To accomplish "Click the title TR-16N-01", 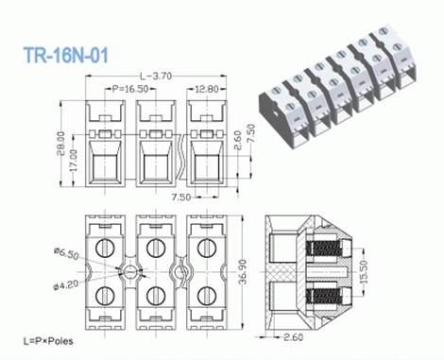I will point(65,56).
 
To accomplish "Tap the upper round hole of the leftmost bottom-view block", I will point(105,249).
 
